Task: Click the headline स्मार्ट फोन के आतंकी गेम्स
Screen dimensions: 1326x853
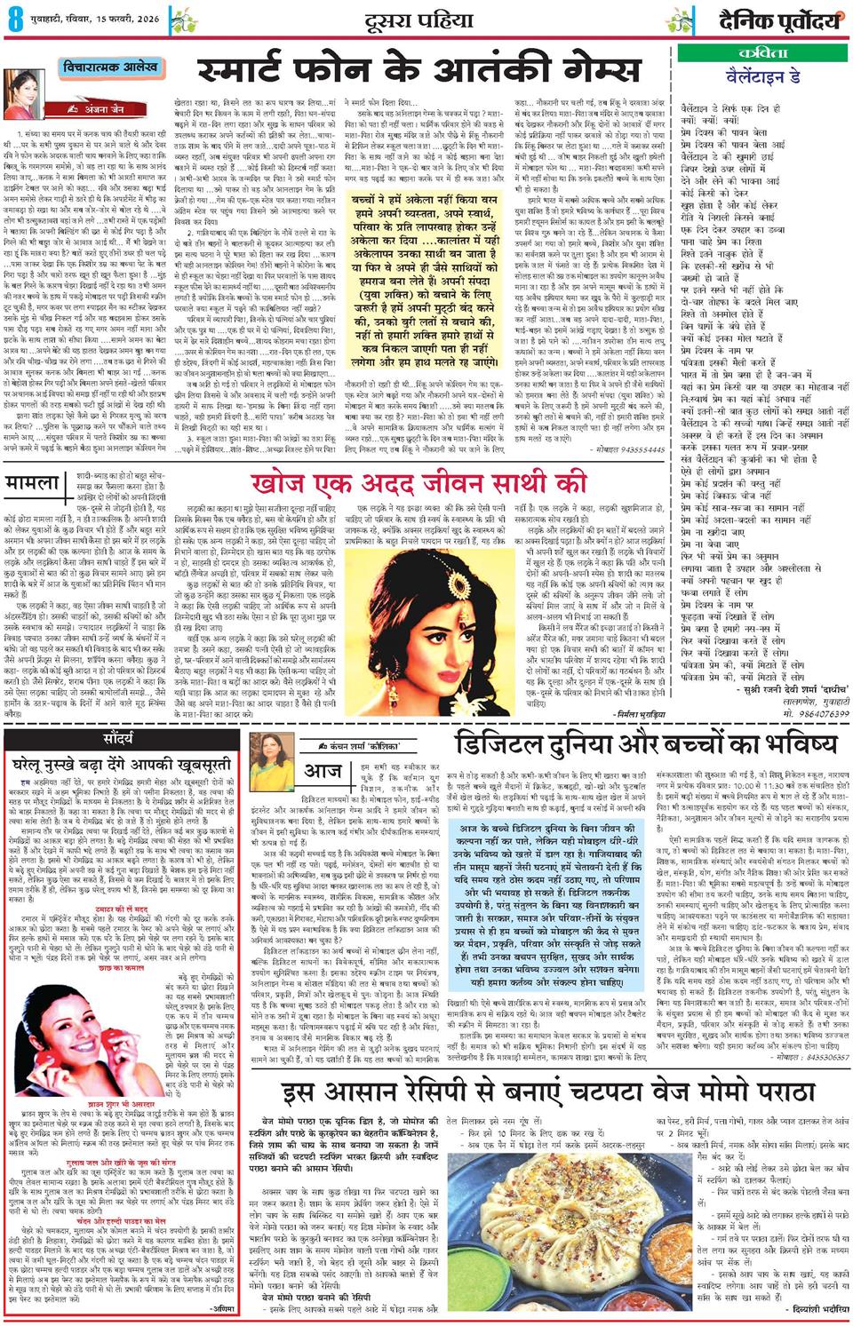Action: [x=418, y=70]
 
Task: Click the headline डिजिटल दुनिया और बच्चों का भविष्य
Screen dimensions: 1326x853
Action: [x=645, y=743]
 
